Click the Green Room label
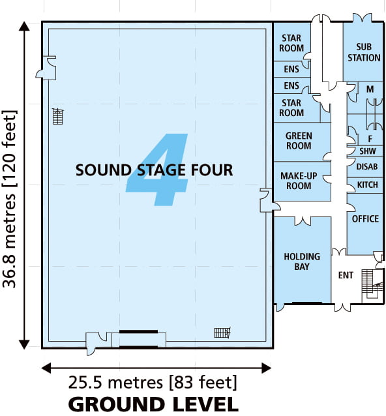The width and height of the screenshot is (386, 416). [299, 141]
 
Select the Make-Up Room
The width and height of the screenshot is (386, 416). [302, 181]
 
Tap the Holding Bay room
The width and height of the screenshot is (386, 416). [302, 260]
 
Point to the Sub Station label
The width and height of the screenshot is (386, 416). [364, 52]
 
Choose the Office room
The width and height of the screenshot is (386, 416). [365, 224]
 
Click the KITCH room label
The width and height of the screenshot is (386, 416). [368, 185]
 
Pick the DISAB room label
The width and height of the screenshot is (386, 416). [367, 167]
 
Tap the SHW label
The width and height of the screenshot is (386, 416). [368, 151]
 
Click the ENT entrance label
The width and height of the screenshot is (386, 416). [346, 275]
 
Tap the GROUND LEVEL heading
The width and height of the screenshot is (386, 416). [153, 404]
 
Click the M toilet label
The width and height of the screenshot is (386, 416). [370, 89]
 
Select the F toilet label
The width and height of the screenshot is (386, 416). [370, 139]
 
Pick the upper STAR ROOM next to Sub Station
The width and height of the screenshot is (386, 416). [291, 43]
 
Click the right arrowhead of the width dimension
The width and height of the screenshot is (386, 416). [266, 368]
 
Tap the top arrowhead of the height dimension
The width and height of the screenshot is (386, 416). [24, 27]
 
